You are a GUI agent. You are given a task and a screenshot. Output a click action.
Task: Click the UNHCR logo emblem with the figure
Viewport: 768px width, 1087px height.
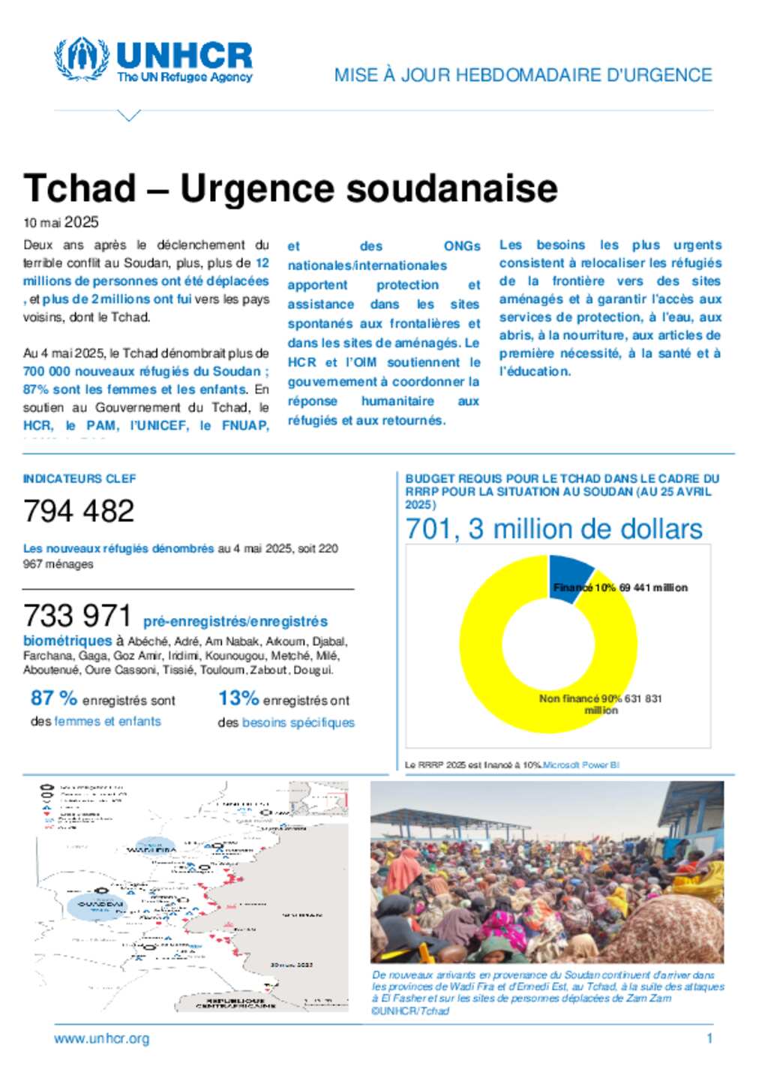point(81,59)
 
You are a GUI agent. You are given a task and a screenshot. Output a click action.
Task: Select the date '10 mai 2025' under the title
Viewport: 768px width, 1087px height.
point(61,222)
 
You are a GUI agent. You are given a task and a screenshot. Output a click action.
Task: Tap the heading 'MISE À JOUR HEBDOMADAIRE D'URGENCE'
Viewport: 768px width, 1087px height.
point(523,75)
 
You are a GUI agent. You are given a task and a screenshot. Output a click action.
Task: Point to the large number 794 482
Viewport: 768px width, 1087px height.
point(79,511)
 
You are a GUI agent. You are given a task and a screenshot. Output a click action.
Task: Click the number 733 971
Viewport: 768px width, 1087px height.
point(77,616)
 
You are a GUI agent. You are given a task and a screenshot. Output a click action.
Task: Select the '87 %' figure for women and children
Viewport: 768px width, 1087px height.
point(54,698)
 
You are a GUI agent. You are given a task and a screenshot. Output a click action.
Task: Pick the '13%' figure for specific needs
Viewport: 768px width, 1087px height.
point(238,698)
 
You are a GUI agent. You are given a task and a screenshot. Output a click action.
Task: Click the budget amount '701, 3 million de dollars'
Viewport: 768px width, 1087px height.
point(553,529)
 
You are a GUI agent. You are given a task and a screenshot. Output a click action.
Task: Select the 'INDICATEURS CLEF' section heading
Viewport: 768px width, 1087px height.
point(79,479)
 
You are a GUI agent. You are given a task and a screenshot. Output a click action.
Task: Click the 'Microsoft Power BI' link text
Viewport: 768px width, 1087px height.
point(581,765)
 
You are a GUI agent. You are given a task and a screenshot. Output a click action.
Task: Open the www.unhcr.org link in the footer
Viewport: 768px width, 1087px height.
point(101,1039)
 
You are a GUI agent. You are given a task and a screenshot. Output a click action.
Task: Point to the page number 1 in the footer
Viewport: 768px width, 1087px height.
point(709,1039)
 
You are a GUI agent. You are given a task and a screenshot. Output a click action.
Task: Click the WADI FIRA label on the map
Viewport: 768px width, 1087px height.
point(151,850)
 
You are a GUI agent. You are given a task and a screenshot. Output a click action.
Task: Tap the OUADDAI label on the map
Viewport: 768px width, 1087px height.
point(100,905)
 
